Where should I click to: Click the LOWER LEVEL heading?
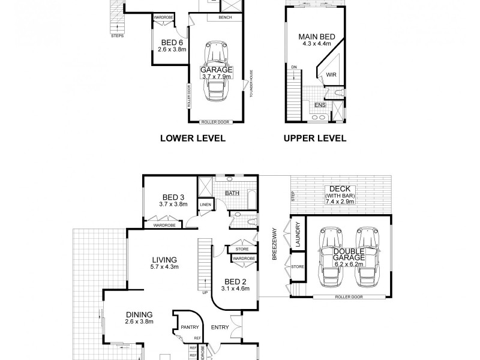click(192, 138)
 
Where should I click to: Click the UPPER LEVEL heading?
click(315, 138)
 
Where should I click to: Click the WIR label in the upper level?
click(331, 75)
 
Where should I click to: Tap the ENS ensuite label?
click(320, 104)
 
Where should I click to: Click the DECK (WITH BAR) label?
click(340, 196)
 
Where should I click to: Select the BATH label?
click(232, 193)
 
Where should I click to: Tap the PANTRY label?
click(191, 328)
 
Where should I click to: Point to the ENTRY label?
click(218, 327)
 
